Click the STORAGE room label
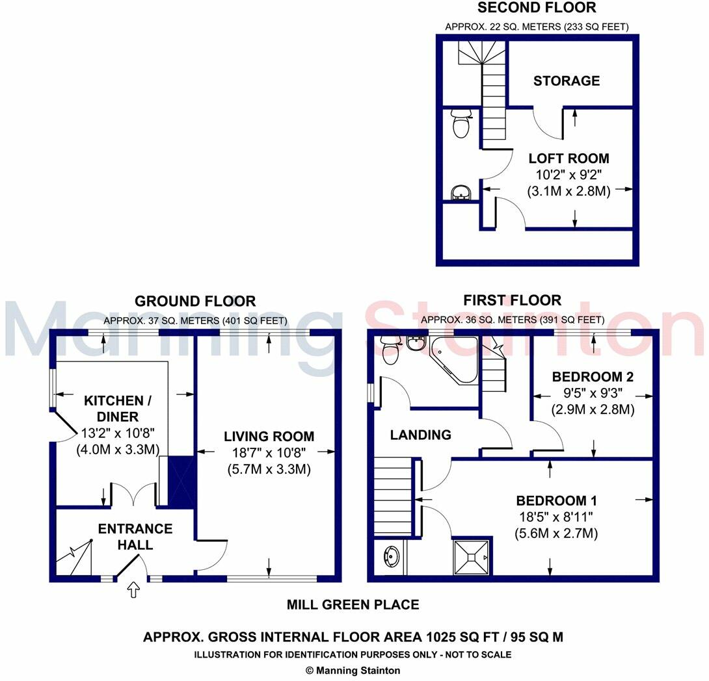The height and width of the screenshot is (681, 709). point(567,81)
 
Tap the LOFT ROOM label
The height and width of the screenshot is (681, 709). point(569,159)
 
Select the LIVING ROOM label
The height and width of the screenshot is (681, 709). point(269,437)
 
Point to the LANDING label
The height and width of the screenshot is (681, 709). point(420,435)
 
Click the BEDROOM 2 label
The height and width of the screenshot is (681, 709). point(593,377)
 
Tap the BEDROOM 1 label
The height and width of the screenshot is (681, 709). point(556,501)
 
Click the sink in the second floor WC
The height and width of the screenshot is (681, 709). point(461,192)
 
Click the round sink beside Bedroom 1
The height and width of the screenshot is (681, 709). point(392,556)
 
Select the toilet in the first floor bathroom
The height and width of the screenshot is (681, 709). point(390,352)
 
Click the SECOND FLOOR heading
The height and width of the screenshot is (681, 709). point(537,8)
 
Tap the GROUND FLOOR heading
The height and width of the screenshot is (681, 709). point(195,302)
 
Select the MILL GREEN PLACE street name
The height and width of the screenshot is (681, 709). point(353,605)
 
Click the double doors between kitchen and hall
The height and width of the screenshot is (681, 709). point(134,496)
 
